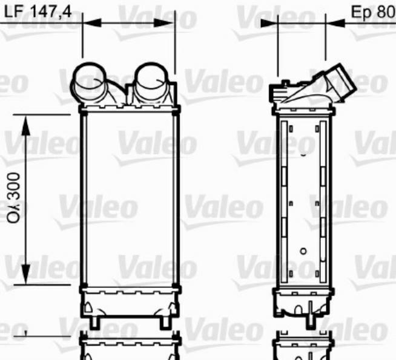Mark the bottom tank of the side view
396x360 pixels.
click(303, 301)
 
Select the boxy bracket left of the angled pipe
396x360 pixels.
click(279, 91)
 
